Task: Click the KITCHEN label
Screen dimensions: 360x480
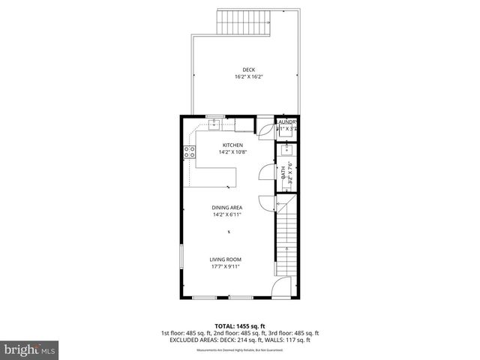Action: pyautogui.click(x=232, y=145)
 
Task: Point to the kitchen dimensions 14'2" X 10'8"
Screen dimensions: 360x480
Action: pyautogui.click(x=232, y=152)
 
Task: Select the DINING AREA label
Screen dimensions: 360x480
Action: pyautogui.click(x=226, y=208)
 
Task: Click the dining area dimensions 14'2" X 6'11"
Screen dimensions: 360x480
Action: pyautogui.click(x=226, y=215)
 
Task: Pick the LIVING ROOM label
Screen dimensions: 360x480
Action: pyautogui.click(x=225, y=259)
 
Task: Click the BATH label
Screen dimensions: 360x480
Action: pyautogui.click(x=284, y=173)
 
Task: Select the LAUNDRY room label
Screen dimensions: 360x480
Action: pyautogui.click(x=287, y=122)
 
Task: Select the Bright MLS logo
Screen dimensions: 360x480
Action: pyautogui.click(x=30, y=349)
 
